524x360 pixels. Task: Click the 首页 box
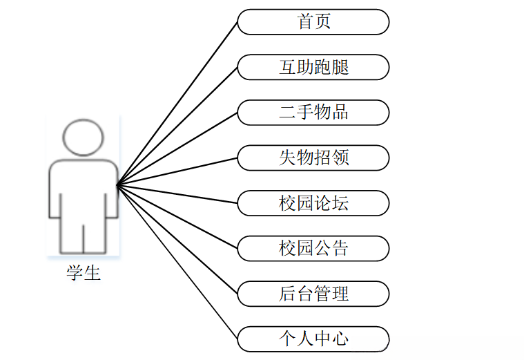click(313, 21)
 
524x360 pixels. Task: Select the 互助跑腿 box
click(313, 67)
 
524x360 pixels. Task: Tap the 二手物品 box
click(313, 112)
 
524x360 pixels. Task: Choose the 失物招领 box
click(313, 158)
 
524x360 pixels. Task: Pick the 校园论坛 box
click(313, 203)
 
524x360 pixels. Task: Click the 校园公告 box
click(313, 248)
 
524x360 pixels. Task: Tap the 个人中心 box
click(313, 339)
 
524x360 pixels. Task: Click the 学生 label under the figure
click(84, 273)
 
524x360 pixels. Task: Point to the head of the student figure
click(83, 137)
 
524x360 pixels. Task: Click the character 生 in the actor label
click(93, 273)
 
